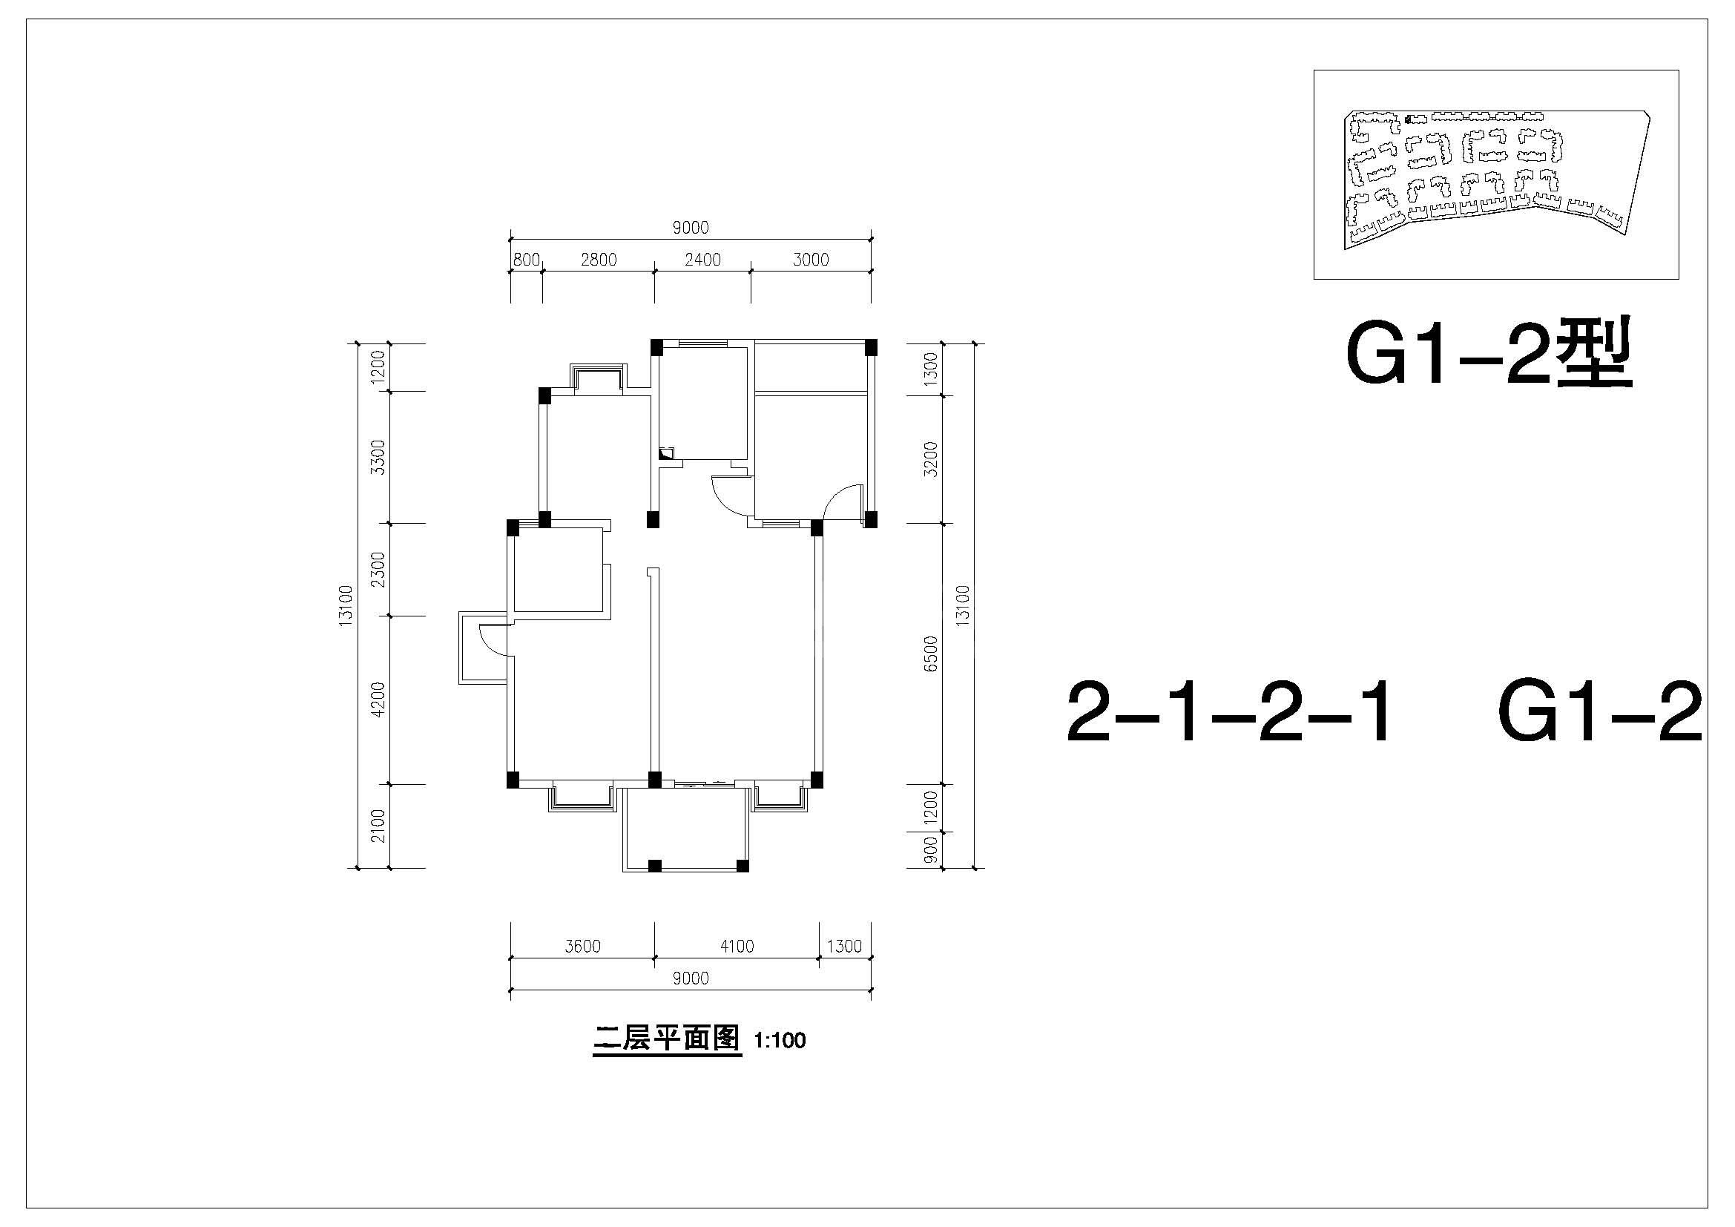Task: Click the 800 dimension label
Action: (527, 260)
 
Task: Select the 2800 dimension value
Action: (599, 260)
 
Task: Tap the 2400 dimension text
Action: (702, 260)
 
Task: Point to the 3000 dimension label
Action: (811, 260)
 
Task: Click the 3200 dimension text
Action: (931, 459)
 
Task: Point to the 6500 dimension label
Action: (931, 654)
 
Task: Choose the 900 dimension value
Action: (931, 851)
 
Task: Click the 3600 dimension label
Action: (582, 947)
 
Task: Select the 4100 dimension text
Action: (737, 947)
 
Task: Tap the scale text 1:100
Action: (780, 1041)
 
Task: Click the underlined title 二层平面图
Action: (667, 1039)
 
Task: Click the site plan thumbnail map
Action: (1497, 175)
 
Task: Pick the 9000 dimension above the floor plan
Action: (690, 228)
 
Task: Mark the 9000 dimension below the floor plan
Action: (691, 979)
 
